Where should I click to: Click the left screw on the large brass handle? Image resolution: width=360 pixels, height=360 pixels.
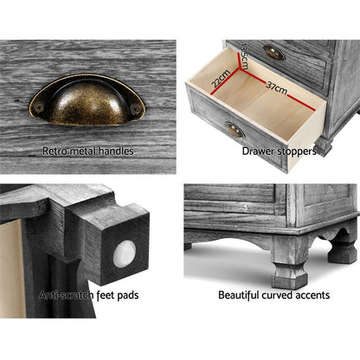[39, 108]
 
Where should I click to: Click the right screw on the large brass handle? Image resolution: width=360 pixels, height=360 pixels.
[135, 109]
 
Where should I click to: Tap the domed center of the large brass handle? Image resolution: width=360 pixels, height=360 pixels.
[87, 102]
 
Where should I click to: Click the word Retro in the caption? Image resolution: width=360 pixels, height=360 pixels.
[55, 151]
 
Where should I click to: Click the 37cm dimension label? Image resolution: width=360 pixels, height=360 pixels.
[277, 88]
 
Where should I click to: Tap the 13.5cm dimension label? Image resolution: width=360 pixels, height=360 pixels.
[244, 56]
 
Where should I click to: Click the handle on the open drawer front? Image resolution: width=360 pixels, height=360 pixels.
[235, 130]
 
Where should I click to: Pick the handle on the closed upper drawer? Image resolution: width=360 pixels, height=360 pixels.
[274, 52]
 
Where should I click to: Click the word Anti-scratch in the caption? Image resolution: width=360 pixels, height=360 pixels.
[67, 295]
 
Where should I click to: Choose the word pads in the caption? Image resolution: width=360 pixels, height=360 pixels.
[128, 295]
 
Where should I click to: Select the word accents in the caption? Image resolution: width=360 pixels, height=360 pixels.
[313, 295]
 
